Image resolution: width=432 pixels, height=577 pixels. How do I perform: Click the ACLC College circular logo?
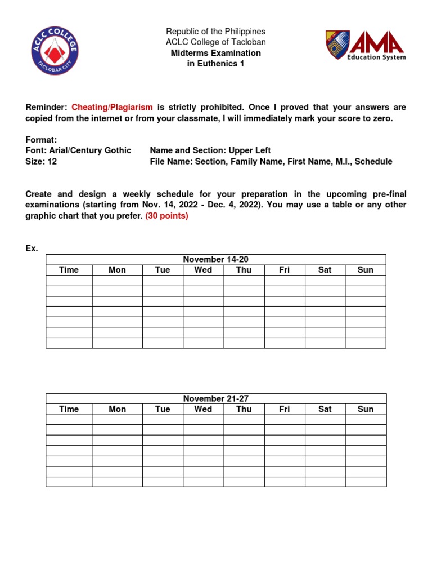click(55, 50)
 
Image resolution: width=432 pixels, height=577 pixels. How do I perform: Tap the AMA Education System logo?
click(365, 45)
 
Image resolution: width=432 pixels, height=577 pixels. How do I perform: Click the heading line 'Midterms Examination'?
click(216, 53)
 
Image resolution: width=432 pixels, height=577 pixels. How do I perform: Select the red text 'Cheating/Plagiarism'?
click(112, 107)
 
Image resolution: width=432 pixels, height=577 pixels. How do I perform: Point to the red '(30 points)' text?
click(166, 216)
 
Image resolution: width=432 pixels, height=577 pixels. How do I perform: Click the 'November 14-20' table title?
click(216, 259)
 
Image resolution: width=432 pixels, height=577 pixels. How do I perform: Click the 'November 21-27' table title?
click(216, 398)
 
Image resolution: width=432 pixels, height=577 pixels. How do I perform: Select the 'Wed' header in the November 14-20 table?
click(203, 270)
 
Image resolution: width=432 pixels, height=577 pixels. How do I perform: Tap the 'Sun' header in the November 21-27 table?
click(366, 409)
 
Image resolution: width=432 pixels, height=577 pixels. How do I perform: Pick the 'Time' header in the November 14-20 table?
click(69, 270)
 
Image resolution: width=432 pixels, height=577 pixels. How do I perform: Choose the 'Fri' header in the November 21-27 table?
click(285, 409)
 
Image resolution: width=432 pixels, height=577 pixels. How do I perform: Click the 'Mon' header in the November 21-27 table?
click(117, 409)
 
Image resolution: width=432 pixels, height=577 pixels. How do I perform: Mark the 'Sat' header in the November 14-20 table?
click(325, 270)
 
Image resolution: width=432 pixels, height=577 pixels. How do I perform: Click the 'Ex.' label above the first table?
click(31, 248)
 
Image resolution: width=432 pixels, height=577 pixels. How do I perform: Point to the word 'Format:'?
click(41, 139)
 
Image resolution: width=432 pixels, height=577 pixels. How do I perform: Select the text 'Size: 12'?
click(41, 161)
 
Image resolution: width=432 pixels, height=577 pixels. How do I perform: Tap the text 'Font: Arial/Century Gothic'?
click(78, 150)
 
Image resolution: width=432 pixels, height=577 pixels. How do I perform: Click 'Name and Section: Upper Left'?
click(210, 150)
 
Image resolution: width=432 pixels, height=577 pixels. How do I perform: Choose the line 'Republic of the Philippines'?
click(216, 32)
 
